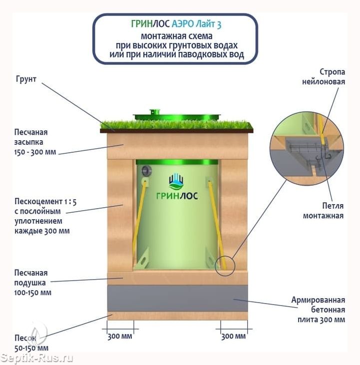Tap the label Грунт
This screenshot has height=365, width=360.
coord(26,79)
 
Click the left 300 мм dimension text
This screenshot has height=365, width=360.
coord(120,337)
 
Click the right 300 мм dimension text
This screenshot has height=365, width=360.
coord(233,337)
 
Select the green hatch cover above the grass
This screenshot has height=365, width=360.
coord(177,116)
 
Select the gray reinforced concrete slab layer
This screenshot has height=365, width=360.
coord(177,299)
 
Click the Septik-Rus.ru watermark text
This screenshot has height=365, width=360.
coord(37,358)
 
